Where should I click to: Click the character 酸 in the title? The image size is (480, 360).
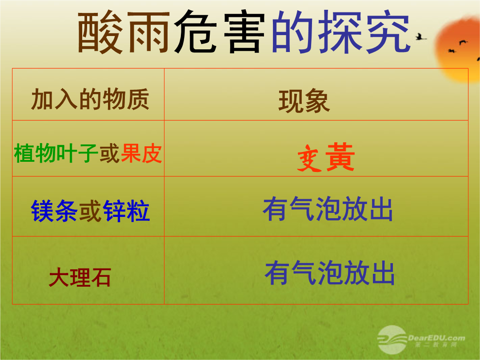pos(100,32)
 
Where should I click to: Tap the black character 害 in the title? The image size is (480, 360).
pos(244,32)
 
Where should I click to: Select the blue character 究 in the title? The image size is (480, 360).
pos(388,32)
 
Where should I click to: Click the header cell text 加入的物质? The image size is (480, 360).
pos(90,99)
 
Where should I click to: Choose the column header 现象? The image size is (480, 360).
pos(304,101)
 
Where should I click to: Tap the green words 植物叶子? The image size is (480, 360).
pos(56,153)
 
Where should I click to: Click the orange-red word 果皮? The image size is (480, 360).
pos(141,153)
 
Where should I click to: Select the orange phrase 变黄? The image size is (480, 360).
pos(326,157)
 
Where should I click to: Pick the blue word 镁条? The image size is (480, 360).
pos(54,211)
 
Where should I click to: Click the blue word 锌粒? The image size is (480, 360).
pos(126,211)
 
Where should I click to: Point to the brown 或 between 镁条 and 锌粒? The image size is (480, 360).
pos(90,211)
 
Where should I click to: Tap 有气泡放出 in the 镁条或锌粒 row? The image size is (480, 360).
pos(328,209)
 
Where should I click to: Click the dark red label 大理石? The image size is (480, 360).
pos(80,277)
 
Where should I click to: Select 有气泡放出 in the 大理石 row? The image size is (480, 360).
pos(330,273)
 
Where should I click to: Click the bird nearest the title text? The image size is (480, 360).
pos(420,37)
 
